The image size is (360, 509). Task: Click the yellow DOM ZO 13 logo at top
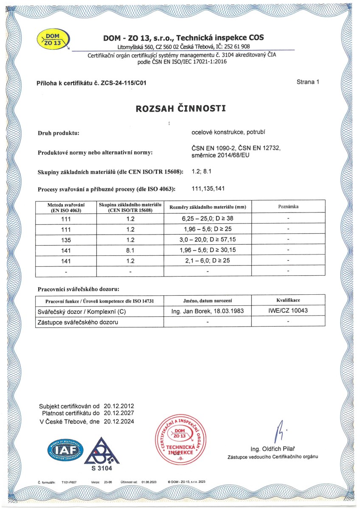53,39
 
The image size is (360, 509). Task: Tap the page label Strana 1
308,82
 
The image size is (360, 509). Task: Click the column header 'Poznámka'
288,206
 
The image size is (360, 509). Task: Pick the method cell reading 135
65,240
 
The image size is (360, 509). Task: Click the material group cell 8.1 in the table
130,250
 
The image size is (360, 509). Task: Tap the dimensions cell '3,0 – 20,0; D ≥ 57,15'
207,240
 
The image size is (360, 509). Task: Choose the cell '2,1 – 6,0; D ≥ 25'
207,260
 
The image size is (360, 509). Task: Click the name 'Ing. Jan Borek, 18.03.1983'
207,311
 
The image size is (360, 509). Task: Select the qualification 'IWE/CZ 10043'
288,311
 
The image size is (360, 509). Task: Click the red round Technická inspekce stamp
183,442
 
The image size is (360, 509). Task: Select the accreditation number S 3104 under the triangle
101,468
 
